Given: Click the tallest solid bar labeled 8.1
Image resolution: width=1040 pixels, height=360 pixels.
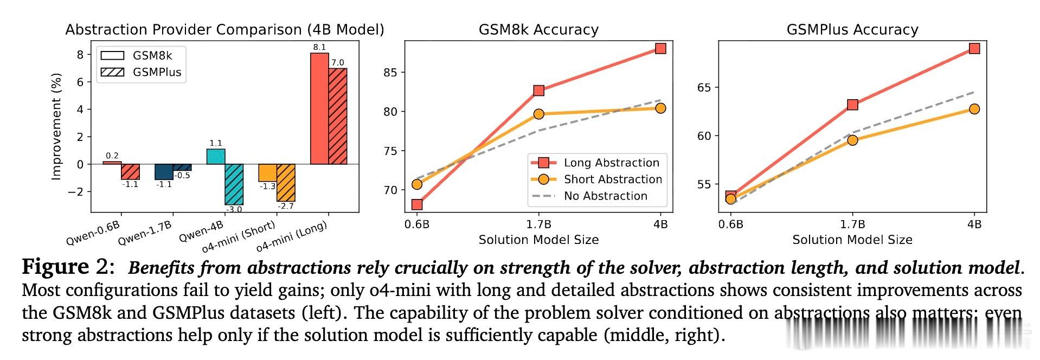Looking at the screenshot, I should pyautogui.click(x=319, y=108).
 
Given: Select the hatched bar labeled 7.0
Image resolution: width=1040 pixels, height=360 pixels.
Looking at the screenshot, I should pyautogui.click(x=338, y=116).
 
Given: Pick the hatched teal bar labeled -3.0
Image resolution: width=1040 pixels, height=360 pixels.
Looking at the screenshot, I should pyautogui.click(x=234, y=184).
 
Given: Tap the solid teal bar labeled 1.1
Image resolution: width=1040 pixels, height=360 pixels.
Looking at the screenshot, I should pyautogui.click(x=216, y=157).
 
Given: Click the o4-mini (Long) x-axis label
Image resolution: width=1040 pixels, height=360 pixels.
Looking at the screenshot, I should pyautogui.click(x=292, y=237).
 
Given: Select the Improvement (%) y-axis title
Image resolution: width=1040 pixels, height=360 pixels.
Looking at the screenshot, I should pyautogui.click(x=56, y=126).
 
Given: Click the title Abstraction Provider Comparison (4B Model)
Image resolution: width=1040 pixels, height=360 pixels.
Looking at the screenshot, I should pyautogui.click(x=224, y=29).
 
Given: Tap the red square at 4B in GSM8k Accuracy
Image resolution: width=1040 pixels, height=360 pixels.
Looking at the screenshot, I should pyautogui.click(x=660, y=49).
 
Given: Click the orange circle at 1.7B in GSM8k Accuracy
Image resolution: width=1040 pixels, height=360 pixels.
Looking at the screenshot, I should pyautogui.click(x=538, y=114).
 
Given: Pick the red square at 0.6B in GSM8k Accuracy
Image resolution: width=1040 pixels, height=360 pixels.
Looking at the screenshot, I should pyautogui.click(x=417, y=204).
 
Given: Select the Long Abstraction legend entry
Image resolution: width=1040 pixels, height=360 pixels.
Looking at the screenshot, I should pyautogui.click(x=596, y=163).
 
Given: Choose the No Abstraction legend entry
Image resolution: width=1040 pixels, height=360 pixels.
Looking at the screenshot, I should pyautogui.click(x=596, y=196).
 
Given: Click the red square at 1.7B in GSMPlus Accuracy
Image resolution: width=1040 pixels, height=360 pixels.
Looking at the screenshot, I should pyautogui.click(x=852, y=105).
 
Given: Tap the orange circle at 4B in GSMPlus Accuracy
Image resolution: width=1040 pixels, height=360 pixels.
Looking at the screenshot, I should pyautogui.click(x=974, y=109).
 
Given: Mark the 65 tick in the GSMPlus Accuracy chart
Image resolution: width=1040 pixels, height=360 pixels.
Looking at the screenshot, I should pyautogui.click(x=704, y=88).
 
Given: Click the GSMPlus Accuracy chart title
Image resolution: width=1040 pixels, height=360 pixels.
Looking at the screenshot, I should pyautogui.click(x=852, y=29).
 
